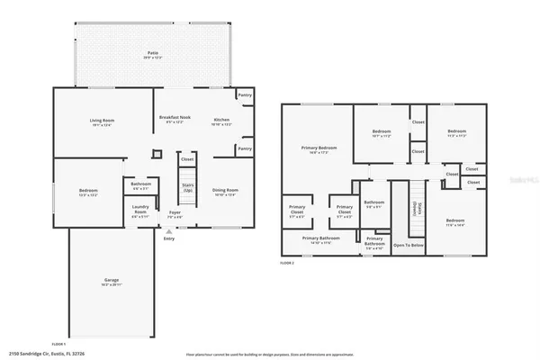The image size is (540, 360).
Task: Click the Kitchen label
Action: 221,122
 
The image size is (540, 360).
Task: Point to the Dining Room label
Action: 226,192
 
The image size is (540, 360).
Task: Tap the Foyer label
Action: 175,215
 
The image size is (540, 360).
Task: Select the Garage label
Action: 110,281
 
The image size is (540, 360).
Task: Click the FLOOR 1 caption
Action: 59,345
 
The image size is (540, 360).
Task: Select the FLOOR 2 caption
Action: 287,263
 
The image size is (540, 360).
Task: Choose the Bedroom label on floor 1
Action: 88,192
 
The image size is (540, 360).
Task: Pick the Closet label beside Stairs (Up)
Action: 187,159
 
